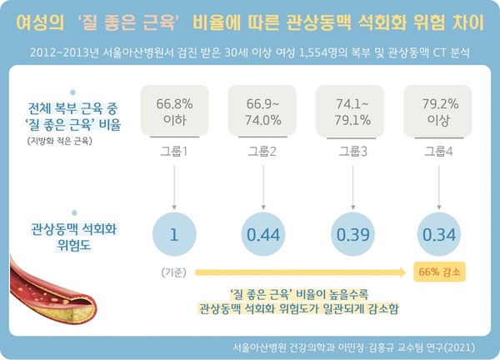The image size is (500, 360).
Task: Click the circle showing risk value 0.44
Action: click(262, 235)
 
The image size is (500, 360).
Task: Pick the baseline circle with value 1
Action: click(174, 235)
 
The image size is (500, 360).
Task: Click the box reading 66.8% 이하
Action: click(175, 109)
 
